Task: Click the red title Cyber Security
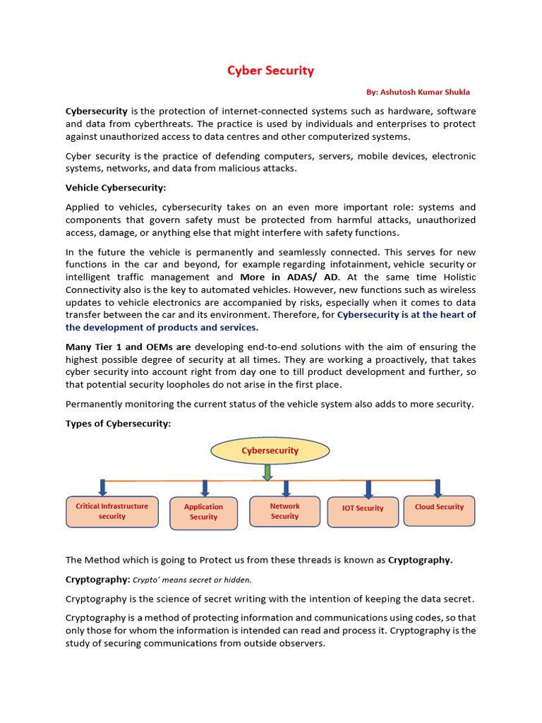point(270,71)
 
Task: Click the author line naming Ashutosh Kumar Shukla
point(418,92)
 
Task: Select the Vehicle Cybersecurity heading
point(116,188)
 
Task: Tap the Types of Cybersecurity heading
point(118,423)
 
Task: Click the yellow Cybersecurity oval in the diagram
point(270,450)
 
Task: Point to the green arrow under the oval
point(267,472)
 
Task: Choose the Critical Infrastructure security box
point(112,511)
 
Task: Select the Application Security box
point(203,512)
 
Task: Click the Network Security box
point(284,511)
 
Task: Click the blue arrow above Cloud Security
point(438,488)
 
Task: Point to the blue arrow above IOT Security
point(368,489)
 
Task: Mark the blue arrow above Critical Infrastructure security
point(103,488)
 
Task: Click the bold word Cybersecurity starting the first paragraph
point(97,111)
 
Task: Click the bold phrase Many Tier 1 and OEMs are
point(128,347)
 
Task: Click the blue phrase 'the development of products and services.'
point(162,328)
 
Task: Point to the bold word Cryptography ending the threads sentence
point(420,560)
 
